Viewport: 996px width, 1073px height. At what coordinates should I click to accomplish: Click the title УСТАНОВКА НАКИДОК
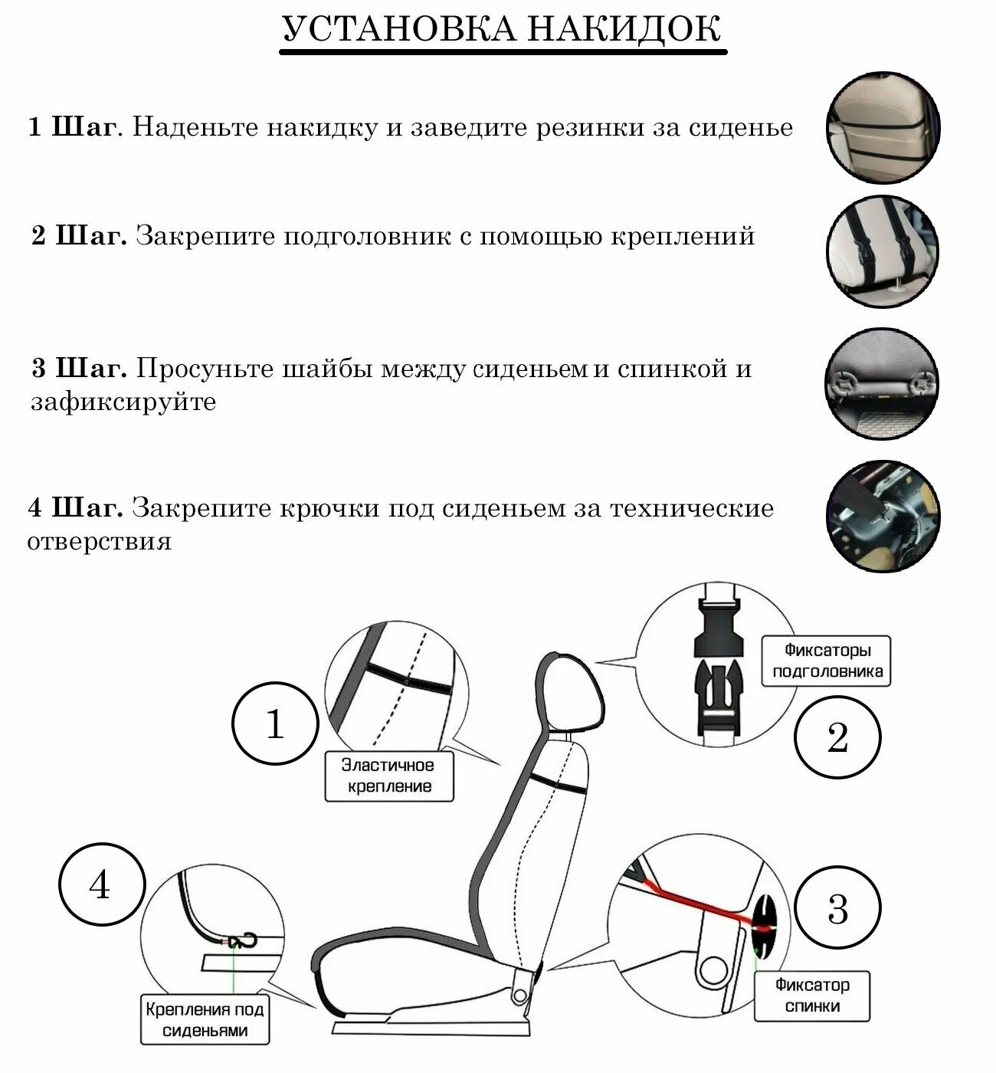pos(502,30)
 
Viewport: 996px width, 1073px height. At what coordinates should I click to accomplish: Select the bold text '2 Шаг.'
pos(79,236)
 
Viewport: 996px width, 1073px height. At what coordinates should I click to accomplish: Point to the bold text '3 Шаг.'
pos(79,369)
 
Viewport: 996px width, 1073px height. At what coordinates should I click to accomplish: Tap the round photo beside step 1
pos(883,128)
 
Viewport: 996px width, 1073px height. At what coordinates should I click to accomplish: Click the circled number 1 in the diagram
pos(274,724)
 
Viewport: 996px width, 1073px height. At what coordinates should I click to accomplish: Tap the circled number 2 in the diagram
pos(837,738)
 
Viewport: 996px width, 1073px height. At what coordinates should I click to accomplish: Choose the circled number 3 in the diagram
pos(837,909)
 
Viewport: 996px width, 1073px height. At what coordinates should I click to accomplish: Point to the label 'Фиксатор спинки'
pos(812,995)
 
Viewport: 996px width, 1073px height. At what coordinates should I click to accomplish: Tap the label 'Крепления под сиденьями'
pos(205,1019)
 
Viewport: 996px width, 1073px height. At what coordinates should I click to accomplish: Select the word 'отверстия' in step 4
pos(99,542)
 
